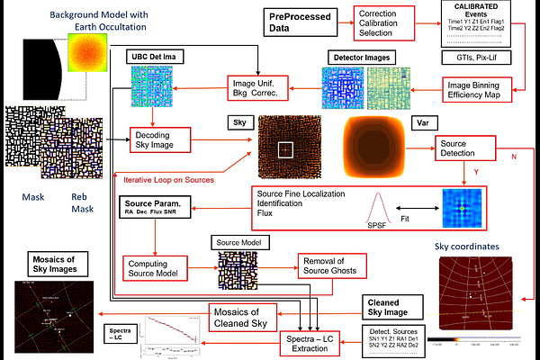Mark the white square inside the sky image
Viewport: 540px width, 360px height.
[285, 149]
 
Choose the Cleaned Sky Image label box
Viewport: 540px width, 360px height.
[392, 308]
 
